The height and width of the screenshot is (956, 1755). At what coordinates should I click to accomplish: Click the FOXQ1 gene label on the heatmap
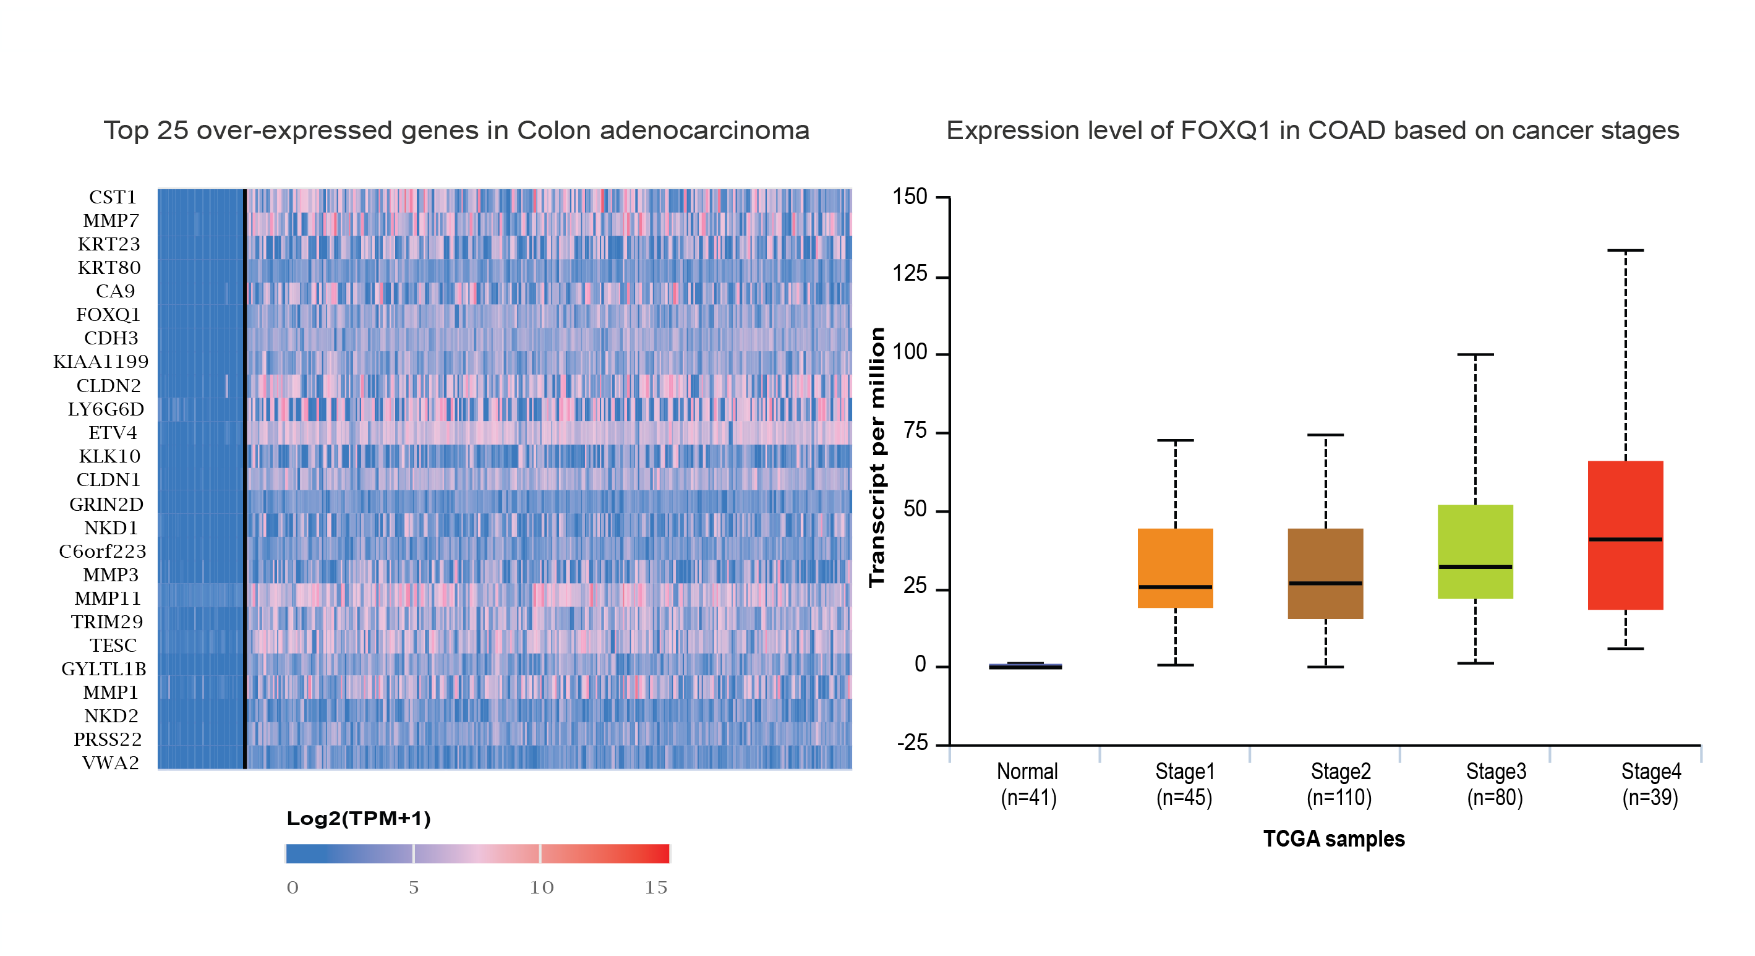coord(108,315)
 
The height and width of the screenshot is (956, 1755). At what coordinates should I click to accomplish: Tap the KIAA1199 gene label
coord(101,362)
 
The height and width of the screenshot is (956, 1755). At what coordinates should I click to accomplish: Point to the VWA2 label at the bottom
coord(110,763)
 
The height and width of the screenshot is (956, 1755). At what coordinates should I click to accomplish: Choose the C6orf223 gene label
coord(102,551)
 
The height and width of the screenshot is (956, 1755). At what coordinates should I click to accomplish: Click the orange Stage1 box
coord(1175,559)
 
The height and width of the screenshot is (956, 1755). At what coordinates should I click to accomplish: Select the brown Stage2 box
coord(1325,559)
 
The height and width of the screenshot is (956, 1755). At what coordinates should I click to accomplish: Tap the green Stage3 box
coord(1475,539)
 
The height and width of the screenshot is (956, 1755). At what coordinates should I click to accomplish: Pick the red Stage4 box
coord(1625,504)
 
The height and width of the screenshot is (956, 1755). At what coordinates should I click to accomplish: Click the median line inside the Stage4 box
coord(1625,540)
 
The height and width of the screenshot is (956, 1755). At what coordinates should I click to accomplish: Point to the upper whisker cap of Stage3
coord(1475,354)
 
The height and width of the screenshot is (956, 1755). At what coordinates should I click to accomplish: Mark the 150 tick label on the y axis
coord(910,197)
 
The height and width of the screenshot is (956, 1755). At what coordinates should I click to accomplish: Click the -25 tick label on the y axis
coord(912,743)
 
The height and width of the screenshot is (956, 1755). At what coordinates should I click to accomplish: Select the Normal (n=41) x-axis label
coord(1028,784)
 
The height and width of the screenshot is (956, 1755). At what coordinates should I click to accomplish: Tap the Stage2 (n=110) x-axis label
coord(1339,784)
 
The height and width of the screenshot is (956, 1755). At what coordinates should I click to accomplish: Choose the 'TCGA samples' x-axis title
coord(1333,839)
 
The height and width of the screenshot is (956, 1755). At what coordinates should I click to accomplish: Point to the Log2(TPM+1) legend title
coord(358,818)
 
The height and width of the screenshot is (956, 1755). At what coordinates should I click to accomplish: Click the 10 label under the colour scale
coord(542,888)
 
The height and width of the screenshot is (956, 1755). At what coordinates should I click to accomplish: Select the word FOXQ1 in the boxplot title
coord(1225,130)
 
